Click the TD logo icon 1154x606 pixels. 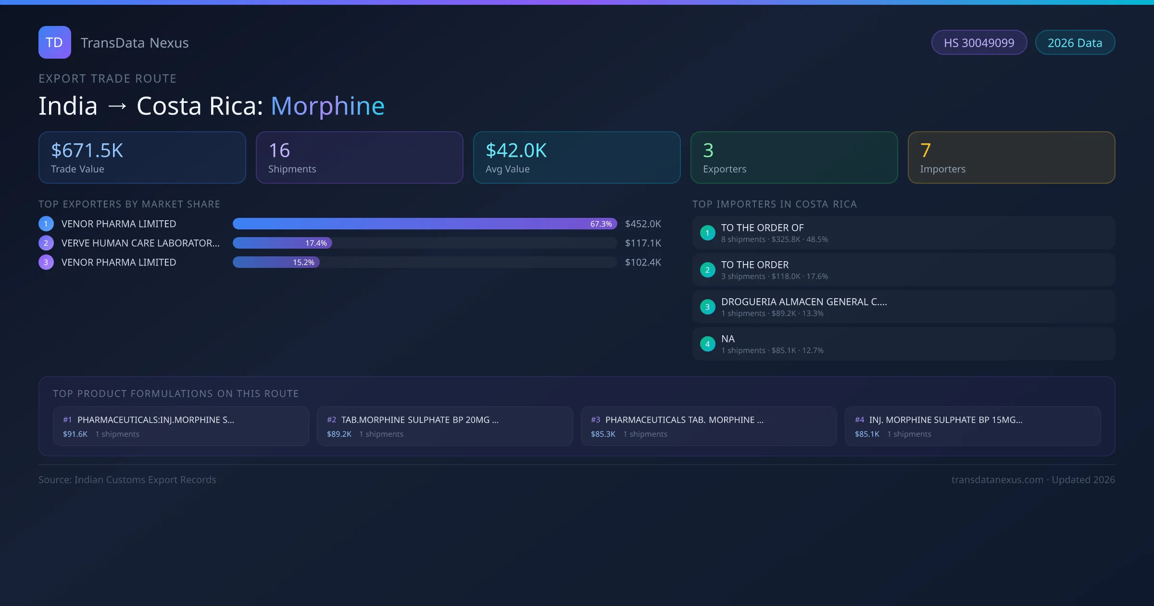[54, 42]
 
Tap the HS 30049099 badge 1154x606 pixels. [978, 43]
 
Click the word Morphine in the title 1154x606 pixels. [327, 106]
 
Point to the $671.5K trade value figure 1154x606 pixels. [87, 151]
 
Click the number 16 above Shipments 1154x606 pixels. [279, 151]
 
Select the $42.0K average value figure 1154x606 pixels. [516, 151]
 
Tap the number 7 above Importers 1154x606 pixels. [925, 151]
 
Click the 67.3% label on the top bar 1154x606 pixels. [601, 224]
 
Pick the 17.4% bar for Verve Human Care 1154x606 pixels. [282, 243]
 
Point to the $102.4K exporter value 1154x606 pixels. [642, 262]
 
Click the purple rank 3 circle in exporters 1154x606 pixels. [46, 262]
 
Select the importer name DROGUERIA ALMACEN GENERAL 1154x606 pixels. [803, 302]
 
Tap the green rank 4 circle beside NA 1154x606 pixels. [707, 344]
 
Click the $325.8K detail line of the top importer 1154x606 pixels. [774, 239]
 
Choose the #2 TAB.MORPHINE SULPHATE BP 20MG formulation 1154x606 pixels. [419, 420]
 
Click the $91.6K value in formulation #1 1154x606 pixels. [75, 434]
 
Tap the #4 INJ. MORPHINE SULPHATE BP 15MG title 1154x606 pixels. [945, 420]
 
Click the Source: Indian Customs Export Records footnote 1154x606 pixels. [127, 480]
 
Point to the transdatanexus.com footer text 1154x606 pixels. [997, 480]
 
